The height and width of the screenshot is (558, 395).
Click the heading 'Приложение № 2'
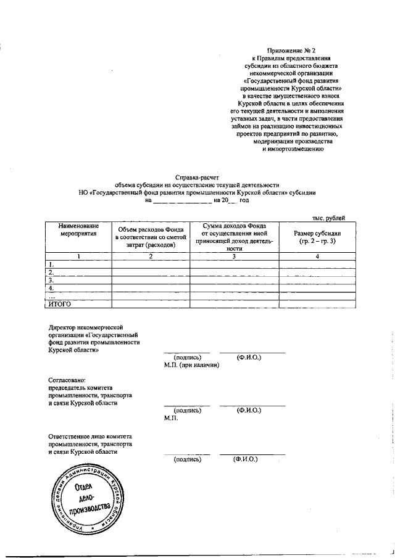(293, 49)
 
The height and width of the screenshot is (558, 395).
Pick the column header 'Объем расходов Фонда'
(151, 229)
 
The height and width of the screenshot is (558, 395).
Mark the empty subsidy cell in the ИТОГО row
(317, 304)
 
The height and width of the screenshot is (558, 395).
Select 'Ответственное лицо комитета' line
(89, 436)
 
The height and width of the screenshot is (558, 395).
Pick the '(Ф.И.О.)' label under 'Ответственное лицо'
(244, 459)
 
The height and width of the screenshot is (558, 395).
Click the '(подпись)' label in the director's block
(188, 358)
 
